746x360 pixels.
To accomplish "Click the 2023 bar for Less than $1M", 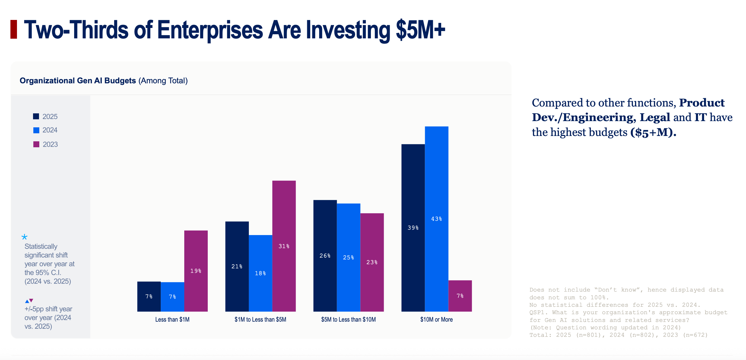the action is click(196, 271).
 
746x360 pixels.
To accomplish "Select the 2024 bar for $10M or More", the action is click(436, 219).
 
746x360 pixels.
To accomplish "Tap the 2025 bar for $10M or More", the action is click(413, 228).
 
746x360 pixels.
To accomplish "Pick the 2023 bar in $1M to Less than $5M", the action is click(284, 246).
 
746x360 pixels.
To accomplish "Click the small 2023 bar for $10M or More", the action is click(460, 296).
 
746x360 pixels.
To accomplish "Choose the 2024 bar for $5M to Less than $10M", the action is click(348, 257).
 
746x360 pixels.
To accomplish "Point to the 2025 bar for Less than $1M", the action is click(149, 296).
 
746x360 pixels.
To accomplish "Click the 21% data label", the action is click(237, 267).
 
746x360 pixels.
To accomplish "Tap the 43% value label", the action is click(436, 219).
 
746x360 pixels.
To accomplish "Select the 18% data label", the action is click(260, 273).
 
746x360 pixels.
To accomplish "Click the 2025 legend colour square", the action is click(36, 116).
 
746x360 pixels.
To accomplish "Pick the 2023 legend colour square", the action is click(36, 144).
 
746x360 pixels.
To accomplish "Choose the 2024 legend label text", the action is click(50, 130).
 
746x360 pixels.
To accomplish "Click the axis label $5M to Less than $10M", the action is click(348, 320).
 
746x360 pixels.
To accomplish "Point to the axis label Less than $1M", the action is click(172, 320).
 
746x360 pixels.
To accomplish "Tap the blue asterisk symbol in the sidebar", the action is click(24, 237).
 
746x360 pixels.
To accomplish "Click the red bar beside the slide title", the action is click(14, 29).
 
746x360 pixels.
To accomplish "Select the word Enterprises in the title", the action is click(210, 30).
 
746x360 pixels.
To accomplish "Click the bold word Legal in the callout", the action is click(655, 118).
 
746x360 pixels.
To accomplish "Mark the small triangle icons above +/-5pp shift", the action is click(29, 301).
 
